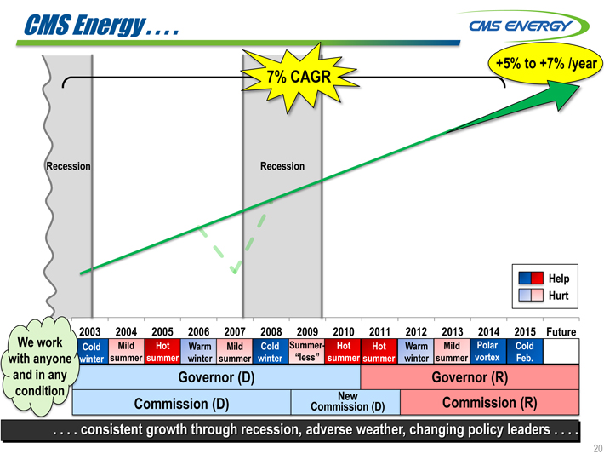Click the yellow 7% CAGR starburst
(299, 78)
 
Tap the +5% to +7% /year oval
(545, 63)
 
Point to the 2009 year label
(307, 331)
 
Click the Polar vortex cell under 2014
(488, 352)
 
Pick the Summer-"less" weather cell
(307, 352)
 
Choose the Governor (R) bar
(470, 377)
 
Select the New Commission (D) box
(345, 402)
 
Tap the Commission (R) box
(490, 402)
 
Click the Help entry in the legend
(544, 279)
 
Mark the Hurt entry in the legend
(544, 295)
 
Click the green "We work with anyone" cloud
(40, 366)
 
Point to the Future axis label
(561, 331)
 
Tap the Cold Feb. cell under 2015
(525, 352)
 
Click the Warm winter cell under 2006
(199, 352)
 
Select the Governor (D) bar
(216, 377)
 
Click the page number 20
(598, 448)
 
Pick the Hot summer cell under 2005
(162, 352)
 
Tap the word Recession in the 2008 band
(282, 166)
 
